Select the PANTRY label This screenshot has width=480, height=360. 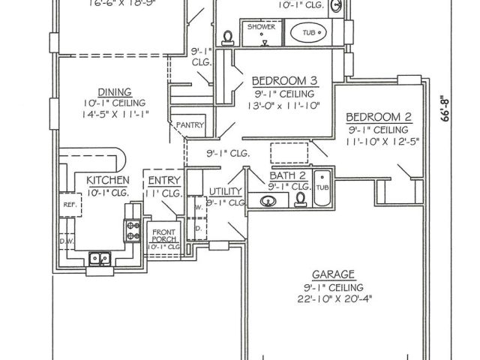click(185, 125)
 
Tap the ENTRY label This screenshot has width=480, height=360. click(163, 181)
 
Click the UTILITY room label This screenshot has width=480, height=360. click(226, 192)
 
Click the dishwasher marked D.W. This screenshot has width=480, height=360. click(67, 241)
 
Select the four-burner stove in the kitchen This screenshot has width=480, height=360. click(133, 230)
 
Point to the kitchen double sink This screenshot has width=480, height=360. click(100, 259)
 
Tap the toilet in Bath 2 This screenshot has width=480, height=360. click(300, 199)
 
